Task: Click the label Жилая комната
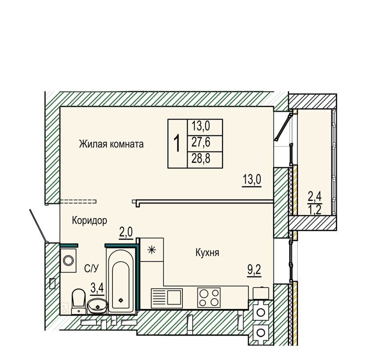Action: click(111, 144)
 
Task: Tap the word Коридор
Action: click(89, 221)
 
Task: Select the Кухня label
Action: click(207, 252)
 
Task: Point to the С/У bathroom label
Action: click(91, 269)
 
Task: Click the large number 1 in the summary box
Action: click(177, 144)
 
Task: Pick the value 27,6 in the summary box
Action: click(201, 142)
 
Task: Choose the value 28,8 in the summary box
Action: click(201, 159)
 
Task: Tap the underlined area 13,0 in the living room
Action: click(252, 180)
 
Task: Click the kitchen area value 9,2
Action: click(254, 270)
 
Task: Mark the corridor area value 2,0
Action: click(126, 233)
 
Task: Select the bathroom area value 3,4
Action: click(97, 288)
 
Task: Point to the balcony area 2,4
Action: click(315, 197)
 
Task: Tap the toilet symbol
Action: click(79, 302)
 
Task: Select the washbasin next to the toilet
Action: click(98, 306)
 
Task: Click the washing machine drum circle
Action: click(68, 260)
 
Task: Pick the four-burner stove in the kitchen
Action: click(209, 298)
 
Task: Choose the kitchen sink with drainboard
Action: click(167, 298)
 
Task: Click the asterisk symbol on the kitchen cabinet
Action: click(152, 250)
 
